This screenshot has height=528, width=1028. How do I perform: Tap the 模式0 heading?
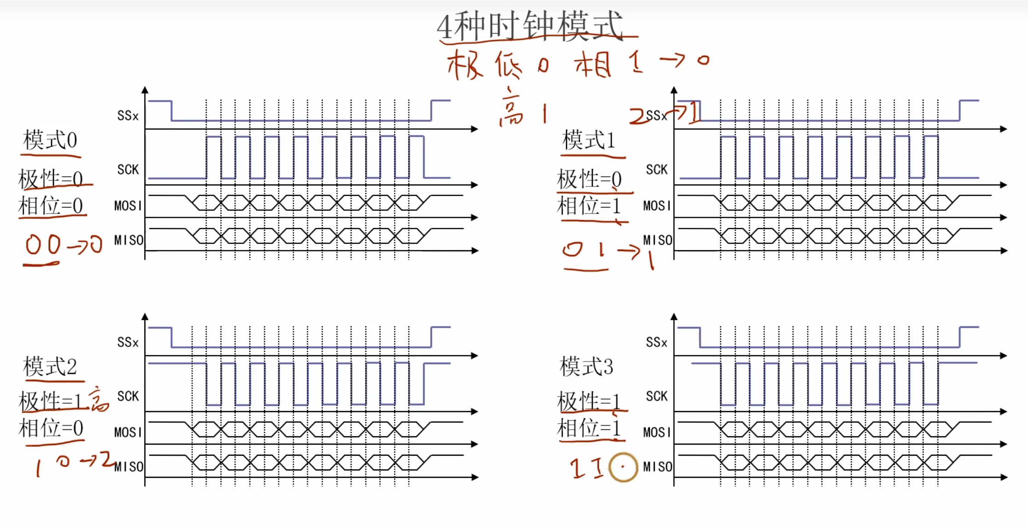point(50,140)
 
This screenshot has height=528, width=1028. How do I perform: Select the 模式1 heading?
point(589,140)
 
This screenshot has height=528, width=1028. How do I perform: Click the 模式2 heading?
point(50,367)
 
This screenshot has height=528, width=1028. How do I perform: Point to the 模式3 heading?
point(586,367)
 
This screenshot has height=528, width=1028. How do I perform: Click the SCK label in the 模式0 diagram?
point(128,170)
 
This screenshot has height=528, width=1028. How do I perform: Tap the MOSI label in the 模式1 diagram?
point(657,206)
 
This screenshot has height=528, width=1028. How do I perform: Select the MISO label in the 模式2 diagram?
point(129,467)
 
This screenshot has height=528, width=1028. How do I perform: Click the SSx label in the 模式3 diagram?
point(656,342)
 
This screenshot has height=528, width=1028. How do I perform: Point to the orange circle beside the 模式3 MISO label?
point(623,467)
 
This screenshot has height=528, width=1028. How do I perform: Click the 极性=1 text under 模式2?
point(50,401)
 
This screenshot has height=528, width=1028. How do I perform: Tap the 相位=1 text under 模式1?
point(589,206)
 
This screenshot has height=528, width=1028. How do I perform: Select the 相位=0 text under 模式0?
point(51,206)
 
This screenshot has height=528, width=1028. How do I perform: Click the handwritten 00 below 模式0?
point(43,244)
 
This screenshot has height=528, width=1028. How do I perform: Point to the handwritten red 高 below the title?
point(511,109)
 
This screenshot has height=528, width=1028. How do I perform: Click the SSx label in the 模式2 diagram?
point(127,342)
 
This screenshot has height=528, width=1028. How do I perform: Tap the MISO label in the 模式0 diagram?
point(129,240)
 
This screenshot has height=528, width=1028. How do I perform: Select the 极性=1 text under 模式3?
point(589,401)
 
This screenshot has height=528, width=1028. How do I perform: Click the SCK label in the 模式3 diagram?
point(656,396)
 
